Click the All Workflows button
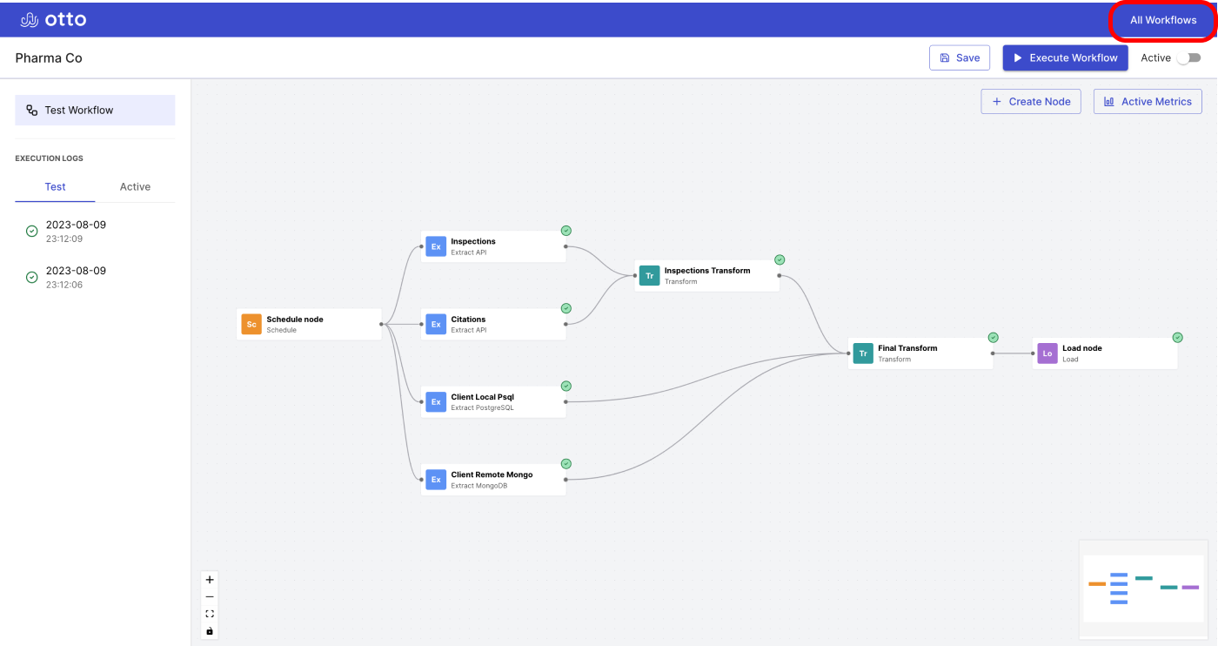1162,20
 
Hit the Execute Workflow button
1065,57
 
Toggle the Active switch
1189,57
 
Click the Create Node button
1030,102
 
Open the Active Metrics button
1148,102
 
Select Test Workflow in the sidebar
95,110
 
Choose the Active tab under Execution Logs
135,186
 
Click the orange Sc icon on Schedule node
251,325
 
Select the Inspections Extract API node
493,246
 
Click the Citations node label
468,320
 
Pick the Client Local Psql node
493,402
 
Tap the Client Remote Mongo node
493,480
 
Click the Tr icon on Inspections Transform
649,275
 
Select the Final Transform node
920,353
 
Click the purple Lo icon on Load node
1047,353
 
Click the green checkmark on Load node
1178,338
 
